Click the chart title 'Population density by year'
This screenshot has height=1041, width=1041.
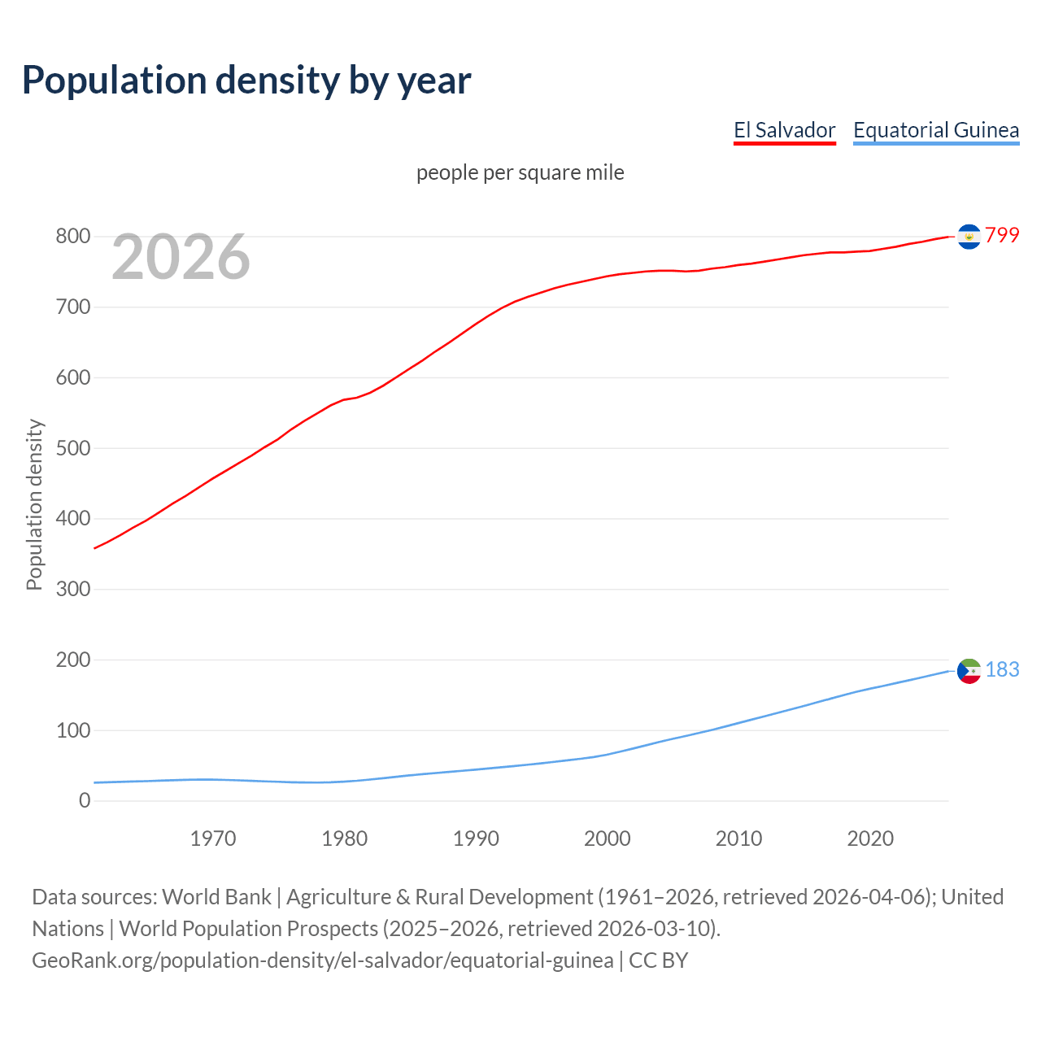pos(246,81)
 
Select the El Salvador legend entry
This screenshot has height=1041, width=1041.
pos(784,130)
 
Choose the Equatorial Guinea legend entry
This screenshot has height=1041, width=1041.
pos(935,130)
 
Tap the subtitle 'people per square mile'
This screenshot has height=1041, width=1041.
pos(520,173)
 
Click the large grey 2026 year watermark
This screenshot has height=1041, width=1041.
pos(181,257)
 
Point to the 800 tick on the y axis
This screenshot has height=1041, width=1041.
pos(72,237)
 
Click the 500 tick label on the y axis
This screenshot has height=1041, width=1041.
pos(72,448)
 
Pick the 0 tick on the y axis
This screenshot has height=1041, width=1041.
pos(85,801)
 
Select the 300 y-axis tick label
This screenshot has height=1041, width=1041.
pos(72,589)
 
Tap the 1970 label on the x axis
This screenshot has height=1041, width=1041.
pos(213,838)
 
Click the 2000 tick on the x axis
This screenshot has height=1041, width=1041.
pos(607,838)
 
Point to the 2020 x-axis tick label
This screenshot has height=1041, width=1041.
pos(870,838)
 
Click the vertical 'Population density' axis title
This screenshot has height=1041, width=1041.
pos(34,504)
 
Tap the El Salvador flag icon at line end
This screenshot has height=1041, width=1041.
pos(969,236)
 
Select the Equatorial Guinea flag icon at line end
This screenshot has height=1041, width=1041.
pos(969,671)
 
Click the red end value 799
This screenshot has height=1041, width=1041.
pos(1002,236)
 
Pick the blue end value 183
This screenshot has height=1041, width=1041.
pos(1002,669)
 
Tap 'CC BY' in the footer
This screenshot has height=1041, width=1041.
pos(658,960)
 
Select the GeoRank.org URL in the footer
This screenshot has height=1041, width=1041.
pos(322,960)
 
